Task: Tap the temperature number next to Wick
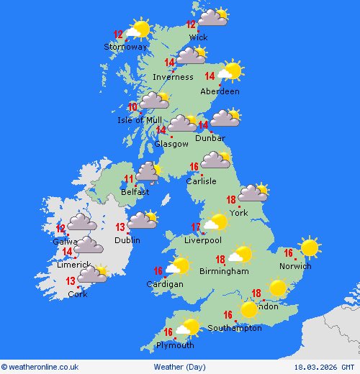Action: (x=191, y=24)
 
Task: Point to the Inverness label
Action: (x=173, y=77)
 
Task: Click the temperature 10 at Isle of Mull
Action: (x=132, y=107)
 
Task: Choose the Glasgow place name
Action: (x=171, y=144)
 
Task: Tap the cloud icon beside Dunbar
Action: (x=225, y=118)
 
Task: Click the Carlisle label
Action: (x=201, y=181)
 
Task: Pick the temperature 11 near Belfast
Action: (x=129, y=179)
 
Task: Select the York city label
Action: (x=238, y=213)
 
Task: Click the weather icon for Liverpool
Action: (x=216, y=223)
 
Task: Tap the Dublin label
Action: (x=127, y=240)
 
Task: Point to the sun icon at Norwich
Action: (x=310, y=248)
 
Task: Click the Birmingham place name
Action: (x=225, y=271)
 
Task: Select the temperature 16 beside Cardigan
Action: (x=158, y=271)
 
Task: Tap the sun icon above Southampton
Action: (x=249, y=309)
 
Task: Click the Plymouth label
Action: (x=176, y=345)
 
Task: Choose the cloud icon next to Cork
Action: (x=92, y=274)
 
